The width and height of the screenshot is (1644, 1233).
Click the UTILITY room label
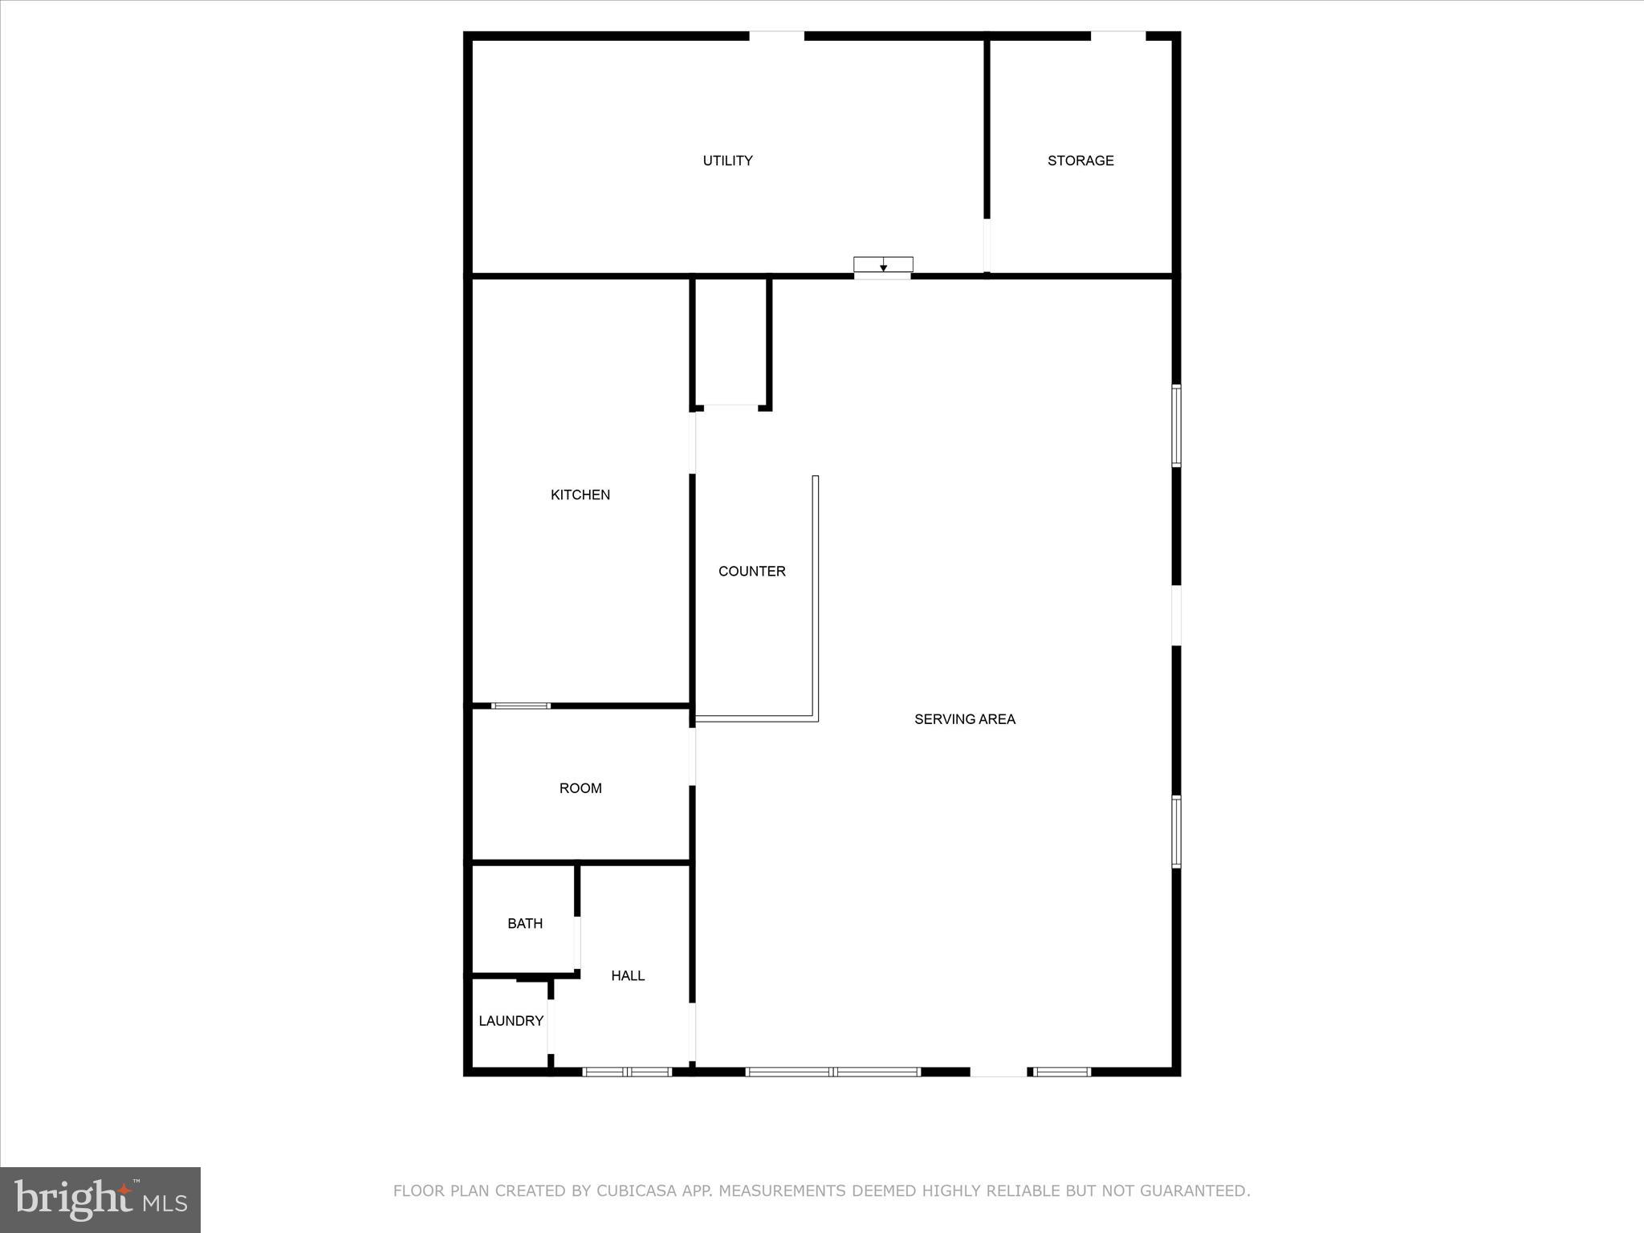tap(727, 161)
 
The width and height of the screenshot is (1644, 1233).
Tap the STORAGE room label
tap(1080, 161)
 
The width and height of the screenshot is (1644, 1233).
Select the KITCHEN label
tap(580, 494)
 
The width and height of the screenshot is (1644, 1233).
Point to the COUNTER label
tap(751, 571)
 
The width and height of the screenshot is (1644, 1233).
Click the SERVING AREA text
tap(964, 719)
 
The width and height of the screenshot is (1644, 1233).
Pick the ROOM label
tap(580, 788)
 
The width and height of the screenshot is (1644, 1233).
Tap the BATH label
tap(525, 923)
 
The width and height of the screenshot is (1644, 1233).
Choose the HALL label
tap(628, 975)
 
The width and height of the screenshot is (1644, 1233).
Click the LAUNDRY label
tap(511, 1020)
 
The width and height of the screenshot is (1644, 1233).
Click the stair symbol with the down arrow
tap(883, 266)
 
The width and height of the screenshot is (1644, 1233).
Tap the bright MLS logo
tap(100, 1200)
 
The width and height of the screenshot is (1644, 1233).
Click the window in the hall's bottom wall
tap(627, 1072)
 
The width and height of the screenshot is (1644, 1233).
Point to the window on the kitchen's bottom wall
tap(520, 706)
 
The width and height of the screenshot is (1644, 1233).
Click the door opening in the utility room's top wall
tap(776, 35)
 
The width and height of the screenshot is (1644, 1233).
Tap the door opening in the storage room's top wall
tap(1117, 35)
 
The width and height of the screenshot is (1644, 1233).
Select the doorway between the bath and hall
tap(577, 943)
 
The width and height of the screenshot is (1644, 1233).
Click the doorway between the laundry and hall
tap(551, 1026)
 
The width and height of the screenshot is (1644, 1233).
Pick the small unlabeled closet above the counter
tap(730, 341)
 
